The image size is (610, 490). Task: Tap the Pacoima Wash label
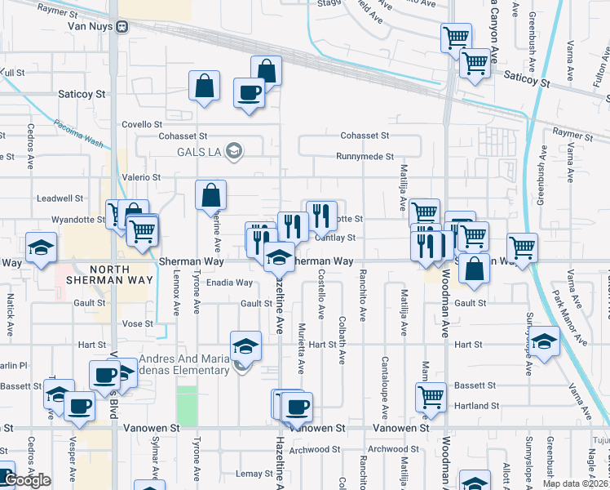(x=78, y=132)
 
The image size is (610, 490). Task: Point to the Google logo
(x=27, y=480)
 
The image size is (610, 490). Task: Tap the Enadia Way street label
(x=229, y=283)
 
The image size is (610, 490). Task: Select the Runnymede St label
(x=366, y=156)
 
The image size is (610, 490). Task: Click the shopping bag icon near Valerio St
(x=210, y=195)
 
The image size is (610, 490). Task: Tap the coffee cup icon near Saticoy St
(x=249, y=92)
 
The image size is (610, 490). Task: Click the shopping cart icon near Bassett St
(x=431, y=397)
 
